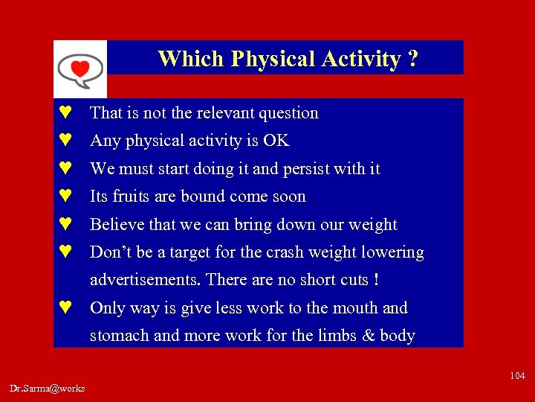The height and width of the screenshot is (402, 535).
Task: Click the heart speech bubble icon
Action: pos(80,69)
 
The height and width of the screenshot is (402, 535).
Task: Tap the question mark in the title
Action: pos(412,59)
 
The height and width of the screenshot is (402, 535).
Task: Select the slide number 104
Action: pos(517,376)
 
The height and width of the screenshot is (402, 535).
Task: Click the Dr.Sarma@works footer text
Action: pos(48,388)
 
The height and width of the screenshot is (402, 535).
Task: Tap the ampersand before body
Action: pos(368,336)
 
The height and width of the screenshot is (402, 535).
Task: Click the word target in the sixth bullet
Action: pos(191,252)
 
